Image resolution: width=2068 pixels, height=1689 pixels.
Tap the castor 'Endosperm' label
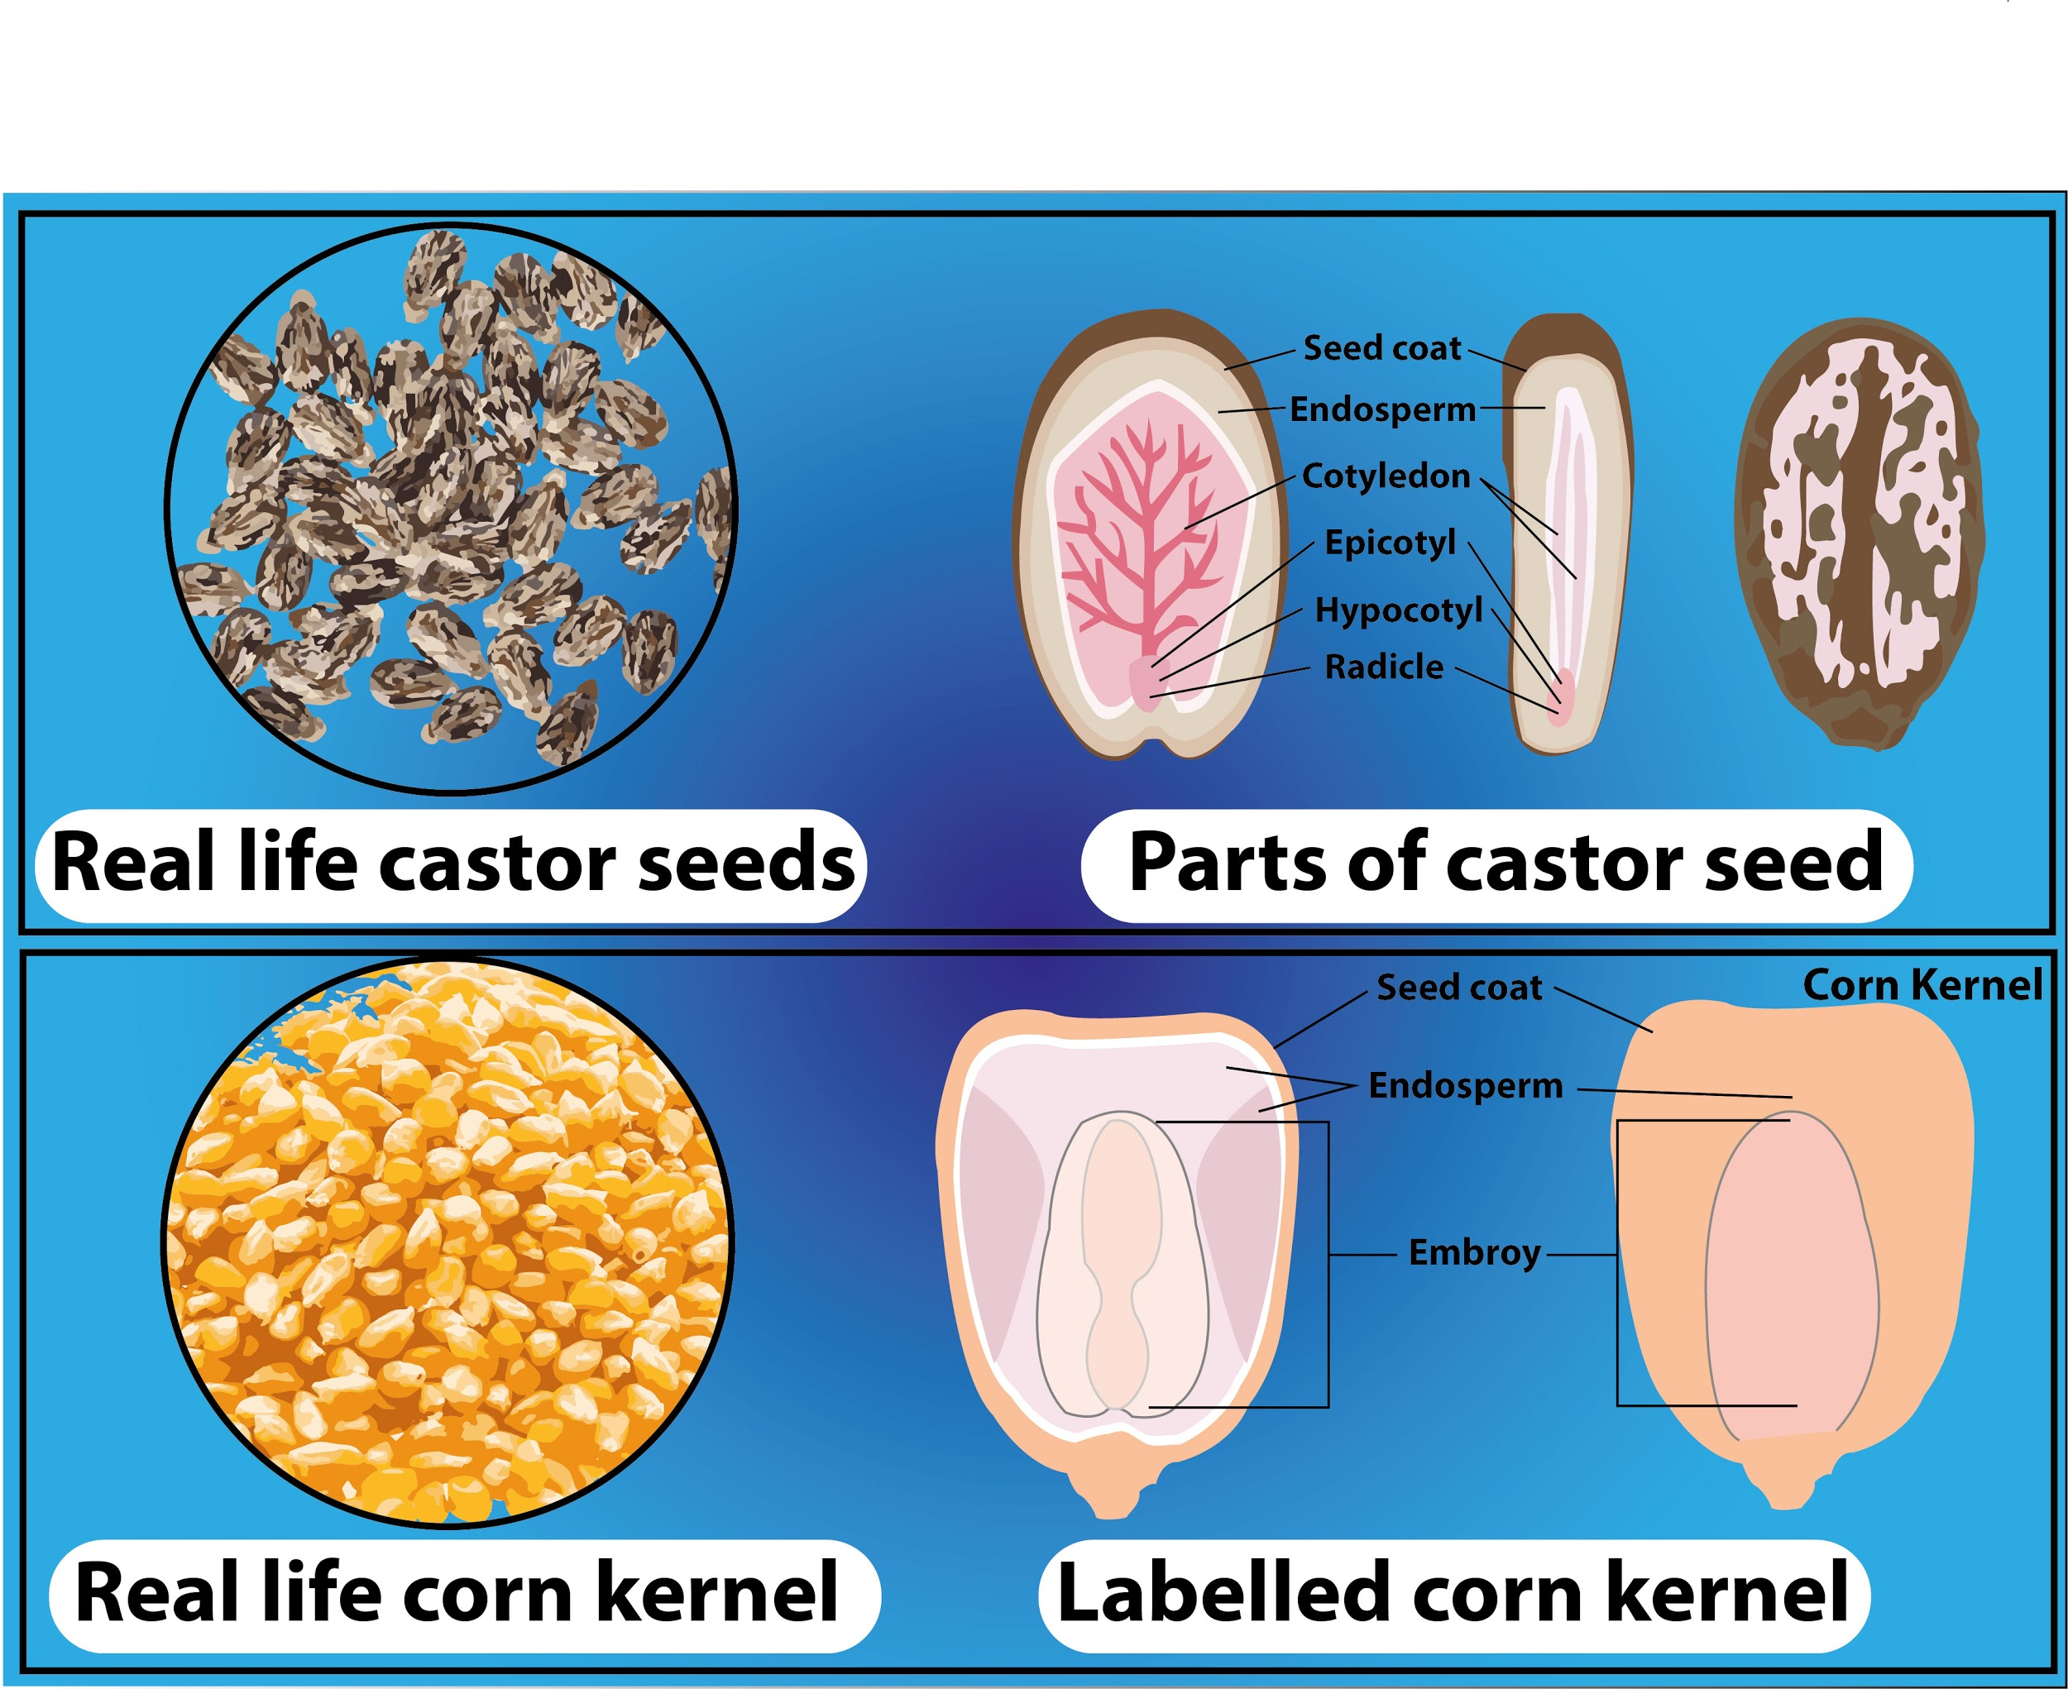(1382, 409)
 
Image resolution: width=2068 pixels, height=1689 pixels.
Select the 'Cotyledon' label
(1385, 476)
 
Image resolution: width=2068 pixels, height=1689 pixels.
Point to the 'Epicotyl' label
(1390, 542)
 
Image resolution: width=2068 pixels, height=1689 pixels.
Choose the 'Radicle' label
(1384, 667)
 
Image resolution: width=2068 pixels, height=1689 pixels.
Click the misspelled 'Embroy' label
(1473, 1252)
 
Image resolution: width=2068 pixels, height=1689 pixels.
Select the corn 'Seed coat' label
(1458, 988)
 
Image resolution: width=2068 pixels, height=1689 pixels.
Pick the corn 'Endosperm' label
(1465, 1085)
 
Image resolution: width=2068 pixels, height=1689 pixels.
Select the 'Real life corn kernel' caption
(457, 1593)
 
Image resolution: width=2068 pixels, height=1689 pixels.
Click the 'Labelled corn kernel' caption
(1452, 1593)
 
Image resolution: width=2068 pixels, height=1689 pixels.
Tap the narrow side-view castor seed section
(1564, 535)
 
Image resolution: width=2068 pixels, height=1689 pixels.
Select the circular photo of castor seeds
(451, 509)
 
